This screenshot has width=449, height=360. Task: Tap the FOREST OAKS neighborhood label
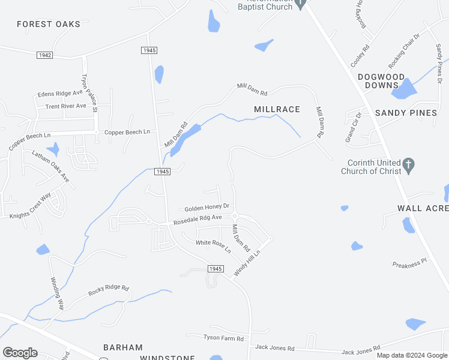click(x=49, y=24)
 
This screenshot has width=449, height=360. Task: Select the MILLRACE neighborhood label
click(x=276, y=109)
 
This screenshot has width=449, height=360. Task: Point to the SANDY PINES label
click(x=406, y=113)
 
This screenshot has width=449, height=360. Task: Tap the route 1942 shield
click(x=44, y=55)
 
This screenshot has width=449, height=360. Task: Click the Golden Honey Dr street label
click(x=206, y=208)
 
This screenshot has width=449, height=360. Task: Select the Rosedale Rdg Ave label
click(x=197, y=220)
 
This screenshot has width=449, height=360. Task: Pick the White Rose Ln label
click(x=213, y=246)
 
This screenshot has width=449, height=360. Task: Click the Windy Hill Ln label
click(x=247, y=263)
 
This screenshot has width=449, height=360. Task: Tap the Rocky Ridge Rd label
click(x=109, y=290)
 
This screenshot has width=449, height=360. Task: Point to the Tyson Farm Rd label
click(x=223, y=338)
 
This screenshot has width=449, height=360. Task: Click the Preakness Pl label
click(x=409, y=263)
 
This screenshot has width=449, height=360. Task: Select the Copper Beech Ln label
click(x=127, y=132)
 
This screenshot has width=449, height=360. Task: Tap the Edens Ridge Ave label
click(x=60, y=94)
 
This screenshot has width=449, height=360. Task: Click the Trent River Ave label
click(x=66, y=106)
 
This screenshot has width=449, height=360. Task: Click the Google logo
click(x=20, y=352)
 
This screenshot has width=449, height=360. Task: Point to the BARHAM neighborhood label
click(x=123, y=347)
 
